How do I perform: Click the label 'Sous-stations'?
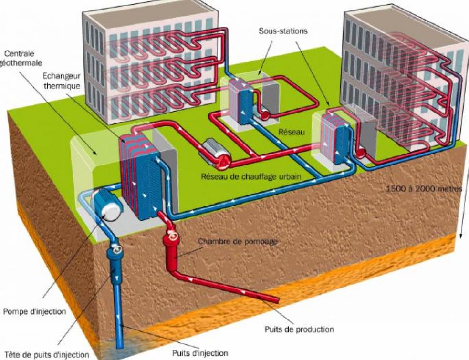[x=283, y=31]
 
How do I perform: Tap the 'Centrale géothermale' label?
[x=21, y=58]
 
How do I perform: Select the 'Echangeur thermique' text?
[x=62, y=81]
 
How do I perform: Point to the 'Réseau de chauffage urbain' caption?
[x=251, y=176]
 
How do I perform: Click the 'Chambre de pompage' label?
[x=238, y=241]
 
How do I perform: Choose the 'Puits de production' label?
[x=299, y=329]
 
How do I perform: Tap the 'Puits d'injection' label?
[x=200, y=353]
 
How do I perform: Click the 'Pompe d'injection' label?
[x=34, y=311]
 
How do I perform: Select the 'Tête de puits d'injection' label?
[x=47, y=355]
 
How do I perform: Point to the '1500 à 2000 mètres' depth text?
[x=424, y=189]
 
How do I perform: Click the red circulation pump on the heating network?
[x=215, y=155]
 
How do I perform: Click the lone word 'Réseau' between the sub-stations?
[x=292, y=132]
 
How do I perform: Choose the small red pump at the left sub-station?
[x=264, y=115]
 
